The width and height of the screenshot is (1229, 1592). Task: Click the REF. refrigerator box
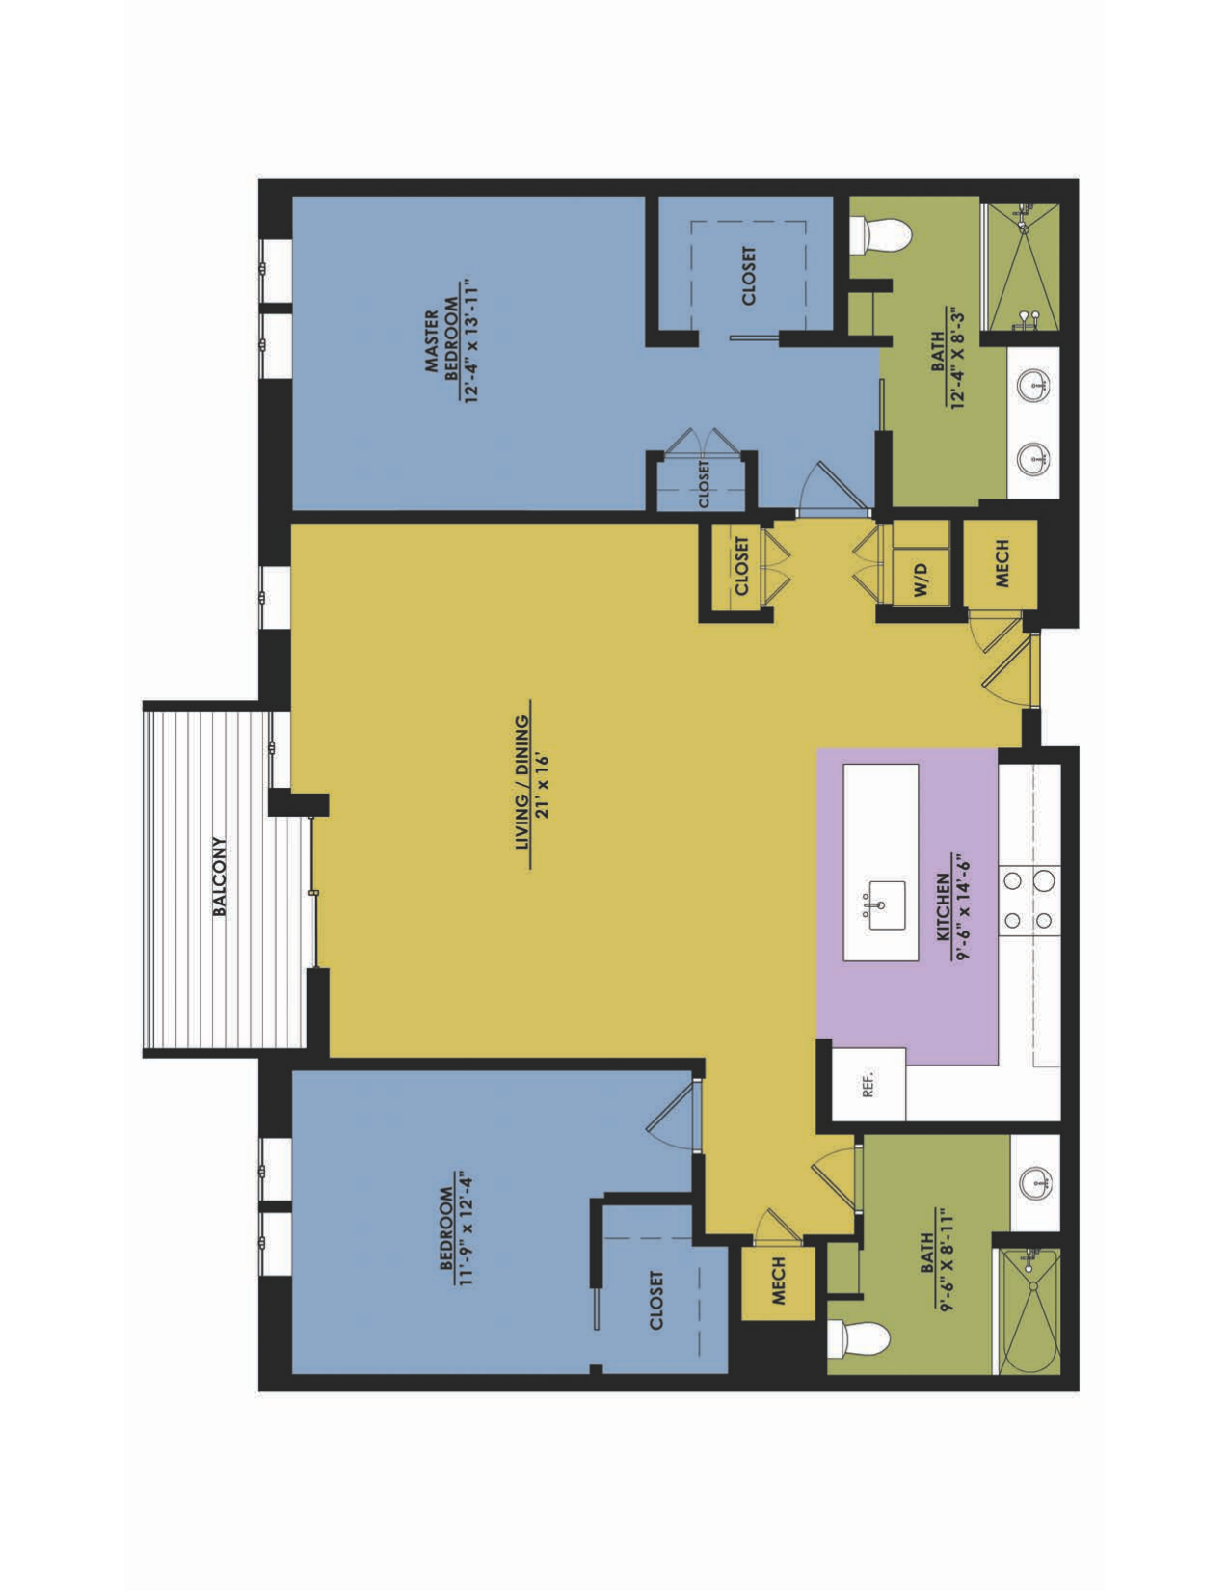[x=868, y=1084]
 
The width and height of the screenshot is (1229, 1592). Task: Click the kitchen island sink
[x=885, y=905]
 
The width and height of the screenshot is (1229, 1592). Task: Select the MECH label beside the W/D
[x=1002, y=563]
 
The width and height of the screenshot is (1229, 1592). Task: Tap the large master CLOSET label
[x=748, y=277]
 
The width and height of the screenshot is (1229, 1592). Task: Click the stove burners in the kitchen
[x=1028, y=900]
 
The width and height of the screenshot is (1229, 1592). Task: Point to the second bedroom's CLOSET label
[x=656, y=1300]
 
